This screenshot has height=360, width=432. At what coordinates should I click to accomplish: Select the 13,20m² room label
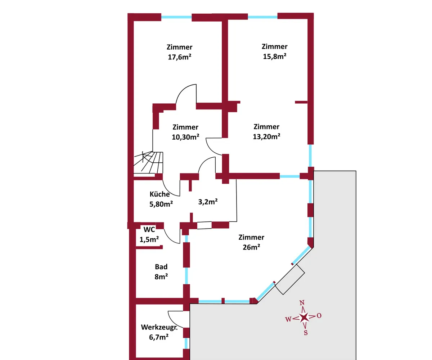pyautogui.click(x=266, y=136)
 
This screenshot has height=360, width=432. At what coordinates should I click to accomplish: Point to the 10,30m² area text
pyautogui.click(x=185, y=137)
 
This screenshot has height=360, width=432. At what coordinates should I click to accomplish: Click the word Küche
pyautogui.click(x=160, y=194)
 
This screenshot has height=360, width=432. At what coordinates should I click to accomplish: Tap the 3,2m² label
pyautogui.click(x=208, y=202)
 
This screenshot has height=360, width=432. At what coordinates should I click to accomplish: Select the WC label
pyautogui.click(x=149, y=230)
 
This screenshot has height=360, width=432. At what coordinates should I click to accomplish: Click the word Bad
pyautogui.click(x=161, y=267)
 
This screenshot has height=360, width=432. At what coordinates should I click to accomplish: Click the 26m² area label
pyautogui.click(x=251, y=247)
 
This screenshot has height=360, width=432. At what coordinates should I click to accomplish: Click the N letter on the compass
pyautogui.click(x=303, y=302)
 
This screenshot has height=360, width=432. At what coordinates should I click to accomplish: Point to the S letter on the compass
pyautogui.click(x=306, y=333)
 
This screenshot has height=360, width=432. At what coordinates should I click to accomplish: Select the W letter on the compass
pyautogui.click(x=288, y=319)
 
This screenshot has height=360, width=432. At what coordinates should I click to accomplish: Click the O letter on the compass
pyautogui.click(x=319, y=316)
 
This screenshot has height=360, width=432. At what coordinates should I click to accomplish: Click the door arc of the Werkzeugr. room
pyautogui.click(x=175, y=317)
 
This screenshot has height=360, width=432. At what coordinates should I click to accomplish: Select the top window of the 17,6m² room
pyautogui.click(x=176, y=17)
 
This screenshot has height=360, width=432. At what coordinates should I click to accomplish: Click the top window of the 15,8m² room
pyautogui.click(x=263, y=17)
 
